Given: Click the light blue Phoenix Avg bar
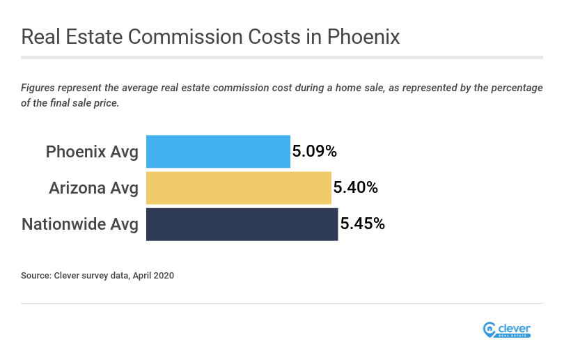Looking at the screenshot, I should tap(218, 151).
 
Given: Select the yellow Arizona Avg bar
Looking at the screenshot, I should tap(238, 187).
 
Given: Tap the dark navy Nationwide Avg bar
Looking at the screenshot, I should tap(242, 224).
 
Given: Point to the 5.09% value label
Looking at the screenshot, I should tap(315, 151).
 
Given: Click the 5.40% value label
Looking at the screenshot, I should tap(356, 187).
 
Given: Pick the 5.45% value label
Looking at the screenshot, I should tap(363, 224).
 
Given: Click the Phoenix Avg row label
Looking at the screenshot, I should tap(92, 152).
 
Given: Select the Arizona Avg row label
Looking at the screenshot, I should tap(93, 188).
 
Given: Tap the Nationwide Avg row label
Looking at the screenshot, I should tap(80, 224).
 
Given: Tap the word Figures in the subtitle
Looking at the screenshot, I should tap(40, 88).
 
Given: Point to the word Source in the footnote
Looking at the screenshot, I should tap(36, 276).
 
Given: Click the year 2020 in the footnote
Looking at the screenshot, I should tap(164, 276).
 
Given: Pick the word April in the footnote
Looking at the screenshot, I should tap(139, 276).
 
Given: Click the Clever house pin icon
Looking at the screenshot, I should tap(489, 329).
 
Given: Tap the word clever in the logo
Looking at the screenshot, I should tap(515, 327).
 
